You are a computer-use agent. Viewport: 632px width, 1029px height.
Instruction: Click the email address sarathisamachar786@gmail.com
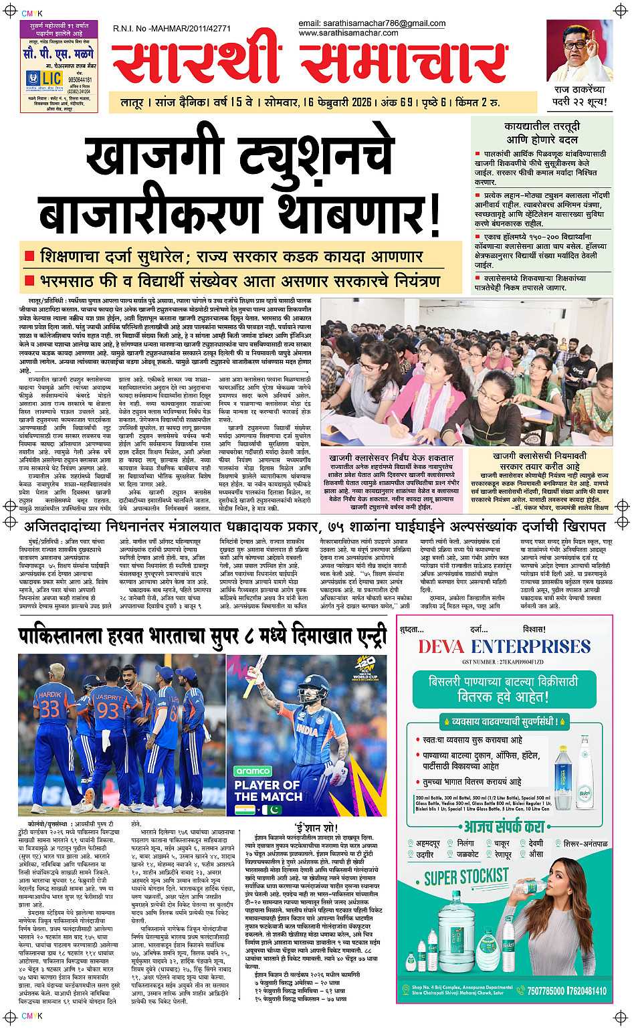coord(372,23)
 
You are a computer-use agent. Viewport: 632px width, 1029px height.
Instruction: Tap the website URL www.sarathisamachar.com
coord(348,33)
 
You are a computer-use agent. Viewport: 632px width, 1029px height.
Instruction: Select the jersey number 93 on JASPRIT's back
coord(108,710)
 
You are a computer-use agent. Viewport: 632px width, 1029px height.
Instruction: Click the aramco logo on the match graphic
coord(252,771)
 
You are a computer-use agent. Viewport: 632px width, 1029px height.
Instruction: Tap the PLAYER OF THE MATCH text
coord(268,791)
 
